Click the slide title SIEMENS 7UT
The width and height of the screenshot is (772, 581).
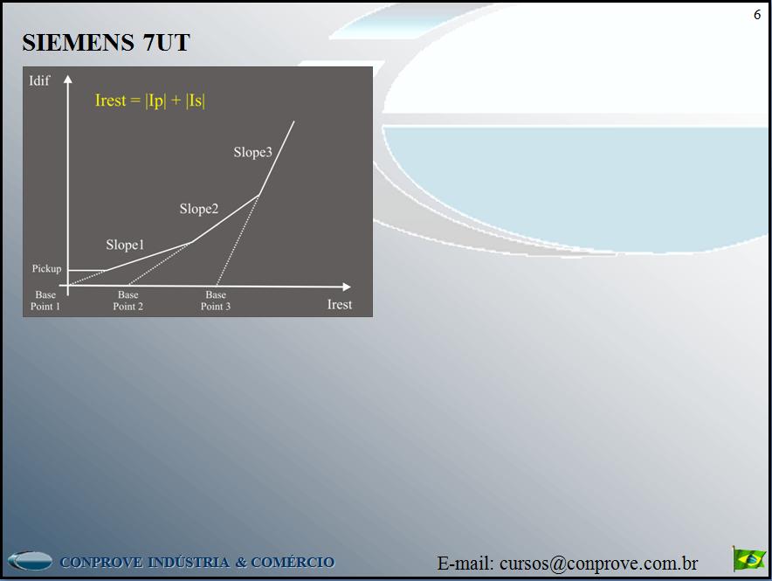(106, 43)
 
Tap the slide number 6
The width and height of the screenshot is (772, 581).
(757, 15)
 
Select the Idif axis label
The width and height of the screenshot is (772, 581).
(40, 81)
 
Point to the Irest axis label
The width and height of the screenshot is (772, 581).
(339, 304)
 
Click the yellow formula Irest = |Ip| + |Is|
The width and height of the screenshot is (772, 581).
(150, 100)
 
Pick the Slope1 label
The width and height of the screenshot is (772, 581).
(125, 245)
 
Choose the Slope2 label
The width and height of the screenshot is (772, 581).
(199, 209)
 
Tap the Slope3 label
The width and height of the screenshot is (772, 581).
(252, 152)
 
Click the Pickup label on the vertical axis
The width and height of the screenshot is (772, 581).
(47, 268)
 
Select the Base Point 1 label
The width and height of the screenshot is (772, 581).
(45, 301)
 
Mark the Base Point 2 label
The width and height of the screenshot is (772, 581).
(128, 301)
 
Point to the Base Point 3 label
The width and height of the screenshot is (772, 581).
(216, 301)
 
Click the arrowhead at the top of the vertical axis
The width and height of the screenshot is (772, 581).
(67, 81)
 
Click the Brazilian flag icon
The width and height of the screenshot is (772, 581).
(749, 558)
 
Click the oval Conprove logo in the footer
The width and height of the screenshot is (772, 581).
(30, 561)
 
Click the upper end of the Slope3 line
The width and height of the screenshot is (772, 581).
(294, 121)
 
